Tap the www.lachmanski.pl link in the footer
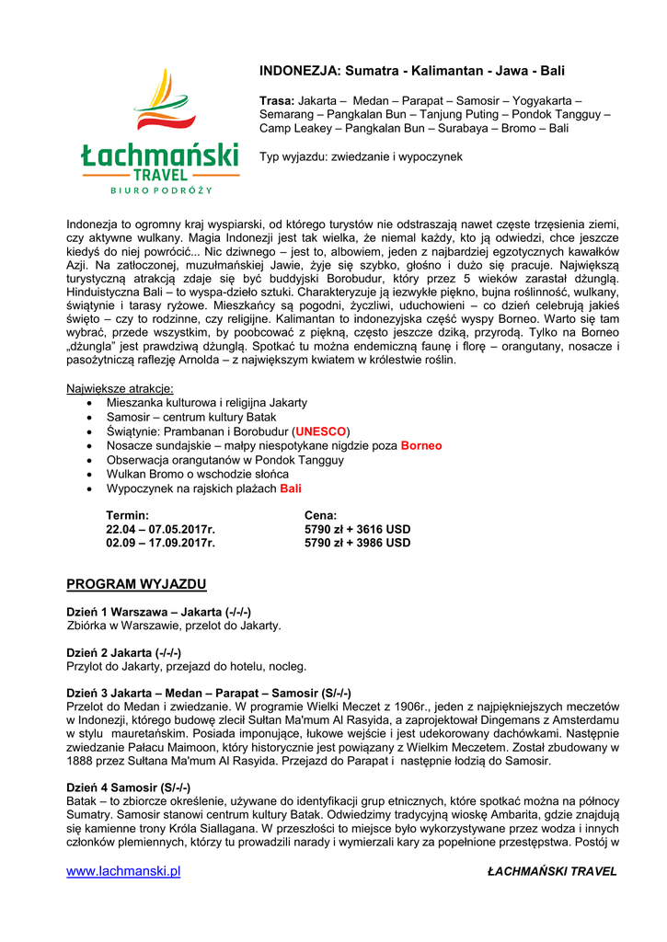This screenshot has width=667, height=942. coord(123,871)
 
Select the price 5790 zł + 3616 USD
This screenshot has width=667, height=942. coord(357,530)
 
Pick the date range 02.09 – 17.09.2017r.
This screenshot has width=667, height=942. coord(160,543)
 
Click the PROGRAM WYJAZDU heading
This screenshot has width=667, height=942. coord(136,584)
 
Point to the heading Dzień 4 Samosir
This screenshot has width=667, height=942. coord(129,787)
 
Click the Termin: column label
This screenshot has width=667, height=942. coord(128,516)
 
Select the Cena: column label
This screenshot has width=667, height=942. coord(321,516)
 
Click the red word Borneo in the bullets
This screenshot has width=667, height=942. coord(421,445)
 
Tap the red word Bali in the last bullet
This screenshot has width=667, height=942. coord(291,488)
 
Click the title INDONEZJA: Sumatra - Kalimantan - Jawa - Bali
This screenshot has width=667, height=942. coord(412,71)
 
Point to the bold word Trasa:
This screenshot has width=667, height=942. coord(277,100)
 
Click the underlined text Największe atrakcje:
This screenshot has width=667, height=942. coord(121,389)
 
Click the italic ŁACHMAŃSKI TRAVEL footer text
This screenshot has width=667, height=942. coord(552,871)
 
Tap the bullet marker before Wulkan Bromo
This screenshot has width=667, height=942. coord(88,475)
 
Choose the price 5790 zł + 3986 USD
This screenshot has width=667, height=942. coord(357,543)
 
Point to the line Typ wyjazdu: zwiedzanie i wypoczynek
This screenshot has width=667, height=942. coord(361,156)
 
